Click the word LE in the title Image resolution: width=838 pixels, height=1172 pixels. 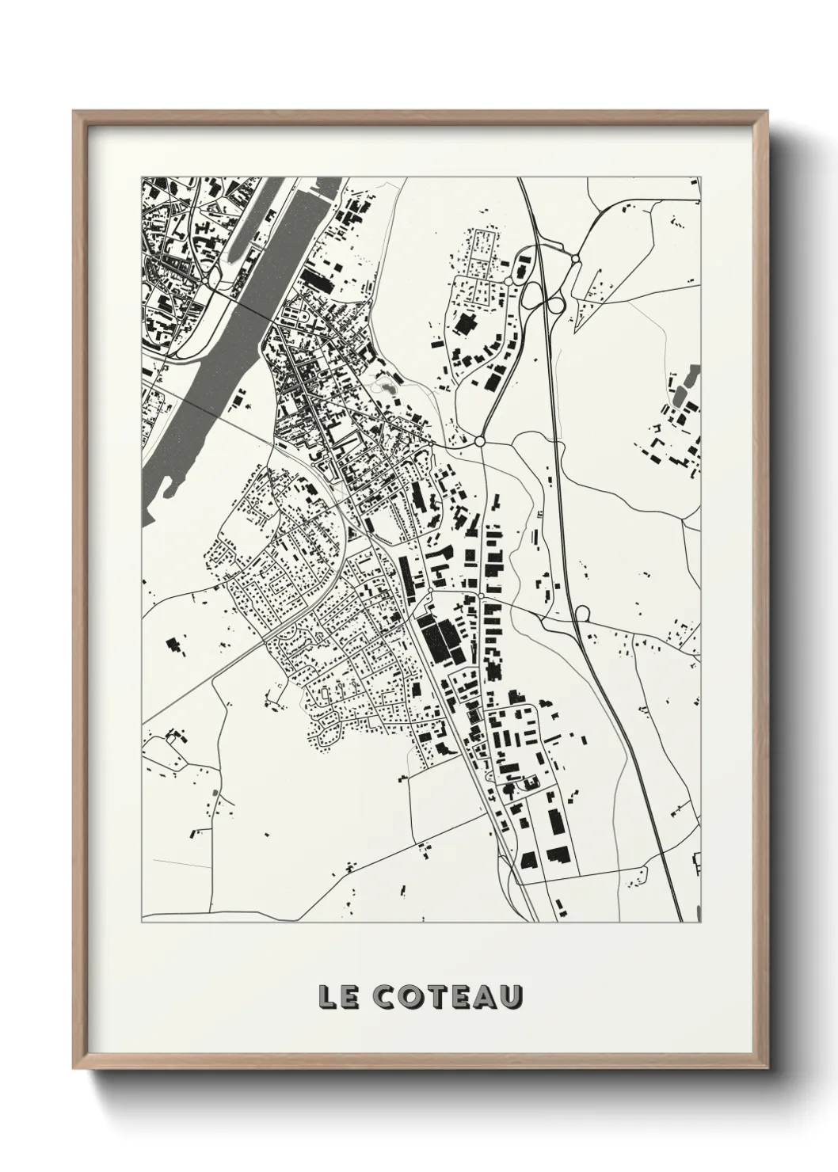(336, 996)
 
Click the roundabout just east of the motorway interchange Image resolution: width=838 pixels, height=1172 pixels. (573, 258)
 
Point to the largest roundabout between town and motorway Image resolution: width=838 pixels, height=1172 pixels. (479, 440)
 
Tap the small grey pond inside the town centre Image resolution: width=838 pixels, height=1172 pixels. (387, 387)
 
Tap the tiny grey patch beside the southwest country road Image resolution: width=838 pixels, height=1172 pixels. (214, 793)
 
